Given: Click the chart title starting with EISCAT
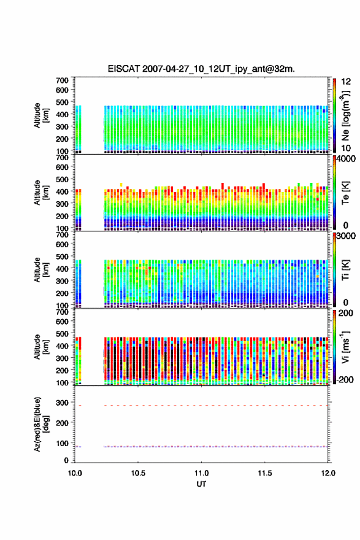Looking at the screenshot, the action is (x=201, y=69).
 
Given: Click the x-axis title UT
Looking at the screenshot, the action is (x=201, y=484).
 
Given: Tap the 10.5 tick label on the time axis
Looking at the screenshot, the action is (x=138, y=473).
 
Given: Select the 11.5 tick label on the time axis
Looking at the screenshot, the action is (x=265, y=473).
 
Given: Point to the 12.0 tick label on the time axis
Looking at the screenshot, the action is (x=328, y=473).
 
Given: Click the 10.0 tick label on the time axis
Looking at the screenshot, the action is (x=75, y=473).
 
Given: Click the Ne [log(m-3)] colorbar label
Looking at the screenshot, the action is (x=346, y=116).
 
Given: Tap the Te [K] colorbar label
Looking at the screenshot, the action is (x=345, y=193).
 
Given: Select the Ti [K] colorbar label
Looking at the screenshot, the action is (x=345, y=270).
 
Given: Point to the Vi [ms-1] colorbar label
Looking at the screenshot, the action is (x=345, y=347).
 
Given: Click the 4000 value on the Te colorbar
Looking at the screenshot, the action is (x=346, y=159).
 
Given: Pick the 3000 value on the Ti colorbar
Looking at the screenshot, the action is (x=346, y=236).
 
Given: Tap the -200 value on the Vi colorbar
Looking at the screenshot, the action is (x=345, y=379).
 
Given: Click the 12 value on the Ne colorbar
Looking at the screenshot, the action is (x=346, y=81).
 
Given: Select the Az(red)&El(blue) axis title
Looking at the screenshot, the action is (x=42, y=424).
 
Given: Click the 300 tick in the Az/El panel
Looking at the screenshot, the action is (x=62, y=403).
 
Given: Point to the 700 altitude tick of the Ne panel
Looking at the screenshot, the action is (x=62, y=80).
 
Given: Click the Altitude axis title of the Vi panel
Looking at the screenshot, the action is (x=41, y=347).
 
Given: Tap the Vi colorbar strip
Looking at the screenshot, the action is (x=334, y=347).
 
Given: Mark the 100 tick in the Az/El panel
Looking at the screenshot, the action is (x=62, y=443).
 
